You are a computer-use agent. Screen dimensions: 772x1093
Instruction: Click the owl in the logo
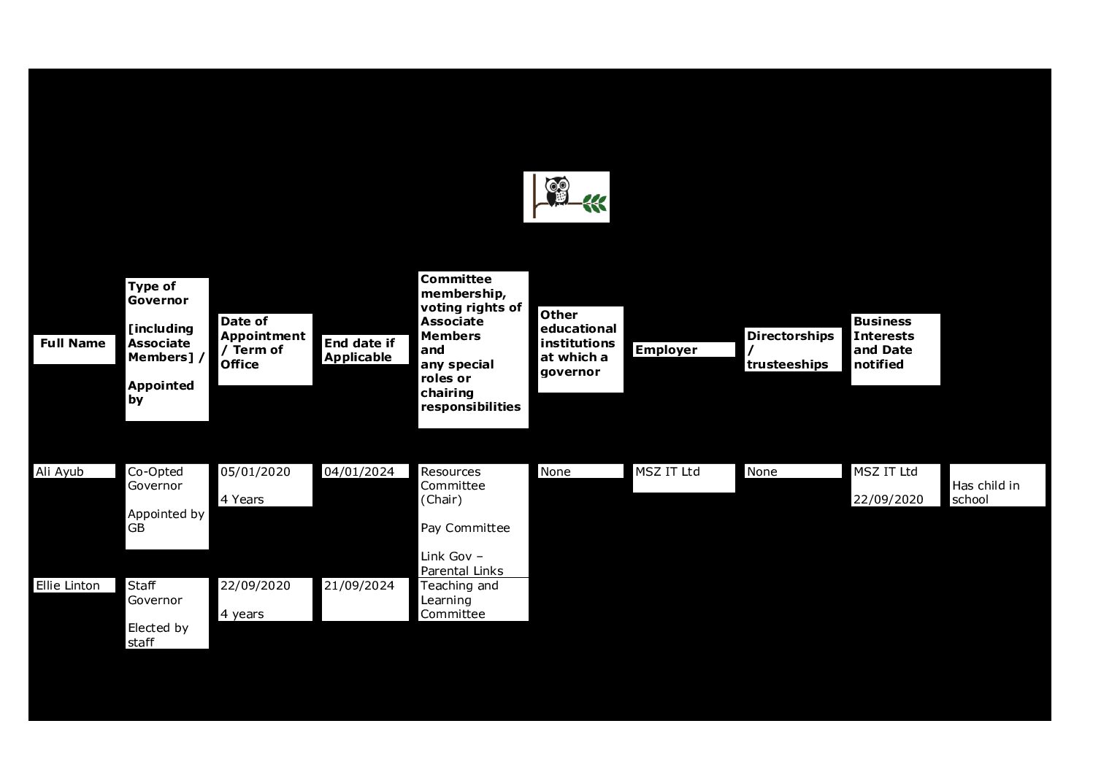[557, 190]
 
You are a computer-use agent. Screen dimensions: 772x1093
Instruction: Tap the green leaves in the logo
[594, 204]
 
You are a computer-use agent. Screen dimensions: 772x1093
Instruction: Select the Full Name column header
[73, 344]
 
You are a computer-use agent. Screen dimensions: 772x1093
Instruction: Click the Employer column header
[666, 350]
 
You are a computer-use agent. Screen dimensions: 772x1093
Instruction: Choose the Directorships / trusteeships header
[790, 350]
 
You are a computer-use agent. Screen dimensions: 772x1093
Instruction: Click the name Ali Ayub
[60, 472]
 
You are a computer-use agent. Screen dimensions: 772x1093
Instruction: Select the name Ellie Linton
[68, 586]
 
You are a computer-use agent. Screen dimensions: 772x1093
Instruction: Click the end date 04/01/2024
[359, 472]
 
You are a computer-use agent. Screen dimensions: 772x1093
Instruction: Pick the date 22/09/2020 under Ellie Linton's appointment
[256, 586]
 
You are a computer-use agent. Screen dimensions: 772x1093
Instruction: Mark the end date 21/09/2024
[359, 586]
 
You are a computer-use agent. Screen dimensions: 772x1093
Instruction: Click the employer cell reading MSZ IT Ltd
[667, 472]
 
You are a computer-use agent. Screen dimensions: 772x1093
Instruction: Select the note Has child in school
[986, 493]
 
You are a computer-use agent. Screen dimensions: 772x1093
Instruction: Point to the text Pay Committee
[465, 528]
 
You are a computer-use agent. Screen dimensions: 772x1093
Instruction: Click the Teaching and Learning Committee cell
[459, 600]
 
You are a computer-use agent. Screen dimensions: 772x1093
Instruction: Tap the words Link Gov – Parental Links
[461, 564]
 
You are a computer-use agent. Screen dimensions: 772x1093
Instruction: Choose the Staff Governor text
[155, 593]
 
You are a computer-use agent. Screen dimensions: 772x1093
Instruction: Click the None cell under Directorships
[762, 472]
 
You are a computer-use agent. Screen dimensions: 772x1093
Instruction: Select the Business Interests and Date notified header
[883, 343]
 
